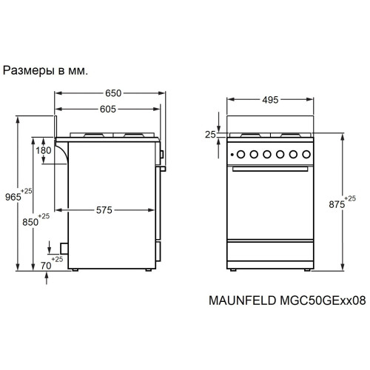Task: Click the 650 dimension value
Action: pyautogui.click(x=113, y=94)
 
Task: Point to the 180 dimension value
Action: pyautogui.click(x=44, y=150)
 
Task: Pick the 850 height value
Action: pyautogui.click(x=30, y=221)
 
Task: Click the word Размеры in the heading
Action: pyautogui.click(x=27, y=72)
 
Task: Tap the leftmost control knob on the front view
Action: pyautogui.click(x=239, y=155)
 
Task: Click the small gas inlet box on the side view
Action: pyautogui.click(x=64, y=249)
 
